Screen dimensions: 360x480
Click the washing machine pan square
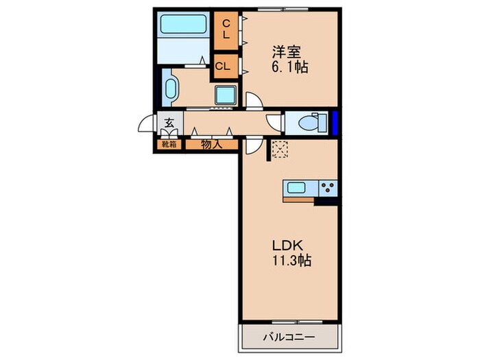(226, 94)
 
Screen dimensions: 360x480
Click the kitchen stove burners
(328, 187)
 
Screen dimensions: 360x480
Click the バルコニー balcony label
(290, 337)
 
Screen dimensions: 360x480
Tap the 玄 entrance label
(168, 124)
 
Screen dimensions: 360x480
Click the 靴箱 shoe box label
(168, 144)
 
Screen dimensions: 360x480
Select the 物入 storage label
(210, 144)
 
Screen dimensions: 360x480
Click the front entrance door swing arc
(146, 125)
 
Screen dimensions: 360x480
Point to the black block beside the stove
(326, 201)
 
